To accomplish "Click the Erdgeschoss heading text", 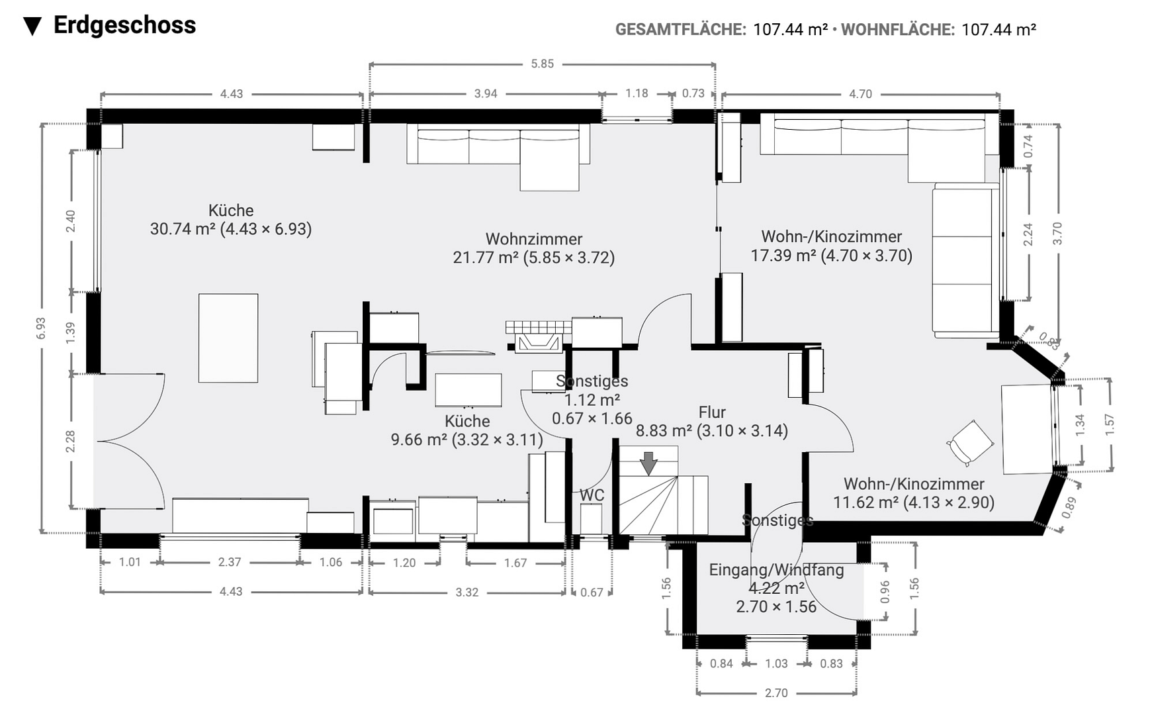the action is coord(124,25).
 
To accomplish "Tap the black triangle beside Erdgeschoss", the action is coord(32,26).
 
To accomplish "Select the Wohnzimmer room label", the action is coord(534,239).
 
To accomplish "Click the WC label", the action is coord(592,495).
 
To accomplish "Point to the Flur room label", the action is coord(712,412).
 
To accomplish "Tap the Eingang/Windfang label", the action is coord(777,570).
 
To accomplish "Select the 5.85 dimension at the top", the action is coord(542,64).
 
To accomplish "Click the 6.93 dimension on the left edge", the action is coord(42,328).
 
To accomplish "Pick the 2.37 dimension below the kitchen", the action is coord(230,562).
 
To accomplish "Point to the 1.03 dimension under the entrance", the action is coord(776,663).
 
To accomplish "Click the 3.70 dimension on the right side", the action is coord(1057,233).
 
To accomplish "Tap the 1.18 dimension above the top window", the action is coord(637,93).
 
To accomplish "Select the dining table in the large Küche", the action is coord(228,338).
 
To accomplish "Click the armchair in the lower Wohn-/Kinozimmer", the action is coord(970,443).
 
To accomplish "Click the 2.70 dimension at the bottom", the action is coord(776,693).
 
